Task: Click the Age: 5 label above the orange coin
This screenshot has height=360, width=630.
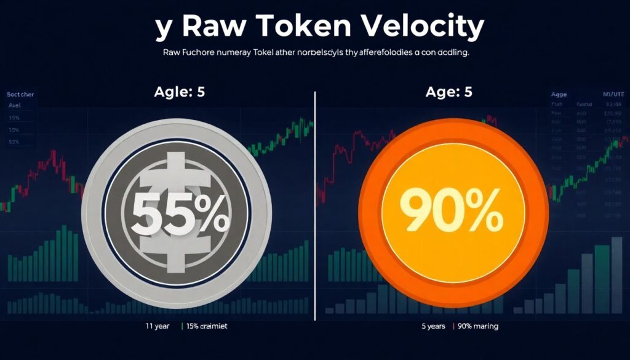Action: (x=449, y=93)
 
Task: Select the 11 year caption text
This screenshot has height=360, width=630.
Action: (x=157, y=326)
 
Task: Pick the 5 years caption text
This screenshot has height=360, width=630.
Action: (x=433, y=326)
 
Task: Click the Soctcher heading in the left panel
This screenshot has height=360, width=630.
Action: (x=20, y=95)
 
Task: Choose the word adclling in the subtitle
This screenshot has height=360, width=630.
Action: (x=449, y=54)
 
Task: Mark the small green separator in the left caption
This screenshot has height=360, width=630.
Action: (x=182, y=326)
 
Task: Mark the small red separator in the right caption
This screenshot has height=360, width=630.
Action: (x=453, y=326)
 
